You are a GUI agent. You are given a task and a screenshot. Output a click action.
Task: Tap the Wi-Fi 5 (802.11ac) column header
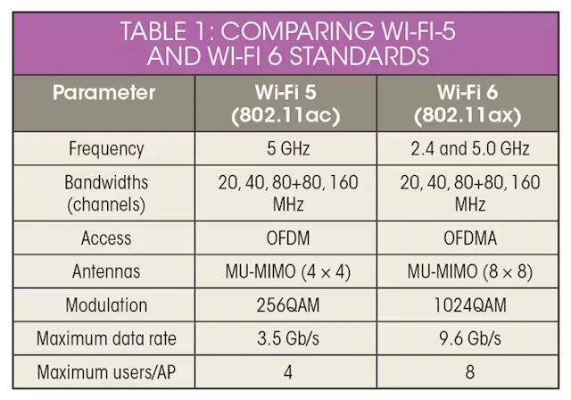click(287, 104)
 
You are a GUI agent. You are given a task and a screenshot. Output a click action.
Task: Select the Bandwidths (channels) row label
click(105, 193)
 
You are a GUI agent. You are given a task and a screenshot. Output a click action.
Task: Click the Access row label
click(105, 238)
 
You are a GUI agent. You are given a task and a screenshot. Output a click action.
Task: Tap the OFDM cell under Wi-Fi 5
click(287, 238)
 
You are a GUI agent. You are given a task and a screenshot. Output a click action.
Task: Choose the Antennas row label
click(105, 271)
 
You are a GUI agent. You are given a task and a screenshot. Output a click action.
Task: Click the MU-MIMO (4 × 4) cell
click(287, 271)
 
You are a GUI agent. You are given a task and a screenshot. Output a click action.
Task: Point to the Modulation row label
click(105, 305)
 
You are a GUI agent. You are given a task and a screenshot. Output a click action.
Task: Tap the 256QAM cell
click(287, 305)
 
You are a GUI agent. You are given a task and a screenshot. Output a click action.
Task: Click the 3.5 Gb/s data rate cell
click(287, 338)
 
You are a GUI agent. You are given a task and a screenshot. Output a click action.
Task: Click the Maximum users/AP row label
click(105, 371)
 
